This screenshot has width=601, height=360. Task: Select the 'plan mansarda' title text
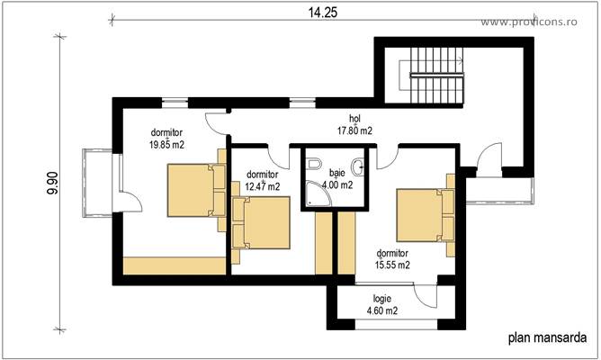[x=547, y=338]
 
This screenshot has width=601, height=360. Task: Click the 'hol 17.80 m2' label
[x=354, y=124]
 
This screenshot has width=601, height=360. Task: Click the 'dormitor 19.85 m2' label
[x=166, y=137]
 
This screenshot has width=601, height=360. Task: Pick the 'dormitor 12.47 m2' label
[x=262, y=181]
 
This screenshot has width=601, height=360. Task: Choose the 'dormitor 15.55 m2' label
[x=392, y=259]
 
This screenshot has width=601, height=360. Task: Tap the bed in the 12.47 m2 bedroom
[x=260, y=223]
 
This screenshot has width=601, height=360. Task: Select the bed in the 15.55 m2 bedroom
[x=424, y=213]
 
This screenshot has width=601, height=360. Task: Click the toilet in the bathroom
[x=312, y=164]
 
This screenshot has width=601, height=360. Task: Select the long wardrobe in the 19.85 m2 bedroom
[x=175, y=265]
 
